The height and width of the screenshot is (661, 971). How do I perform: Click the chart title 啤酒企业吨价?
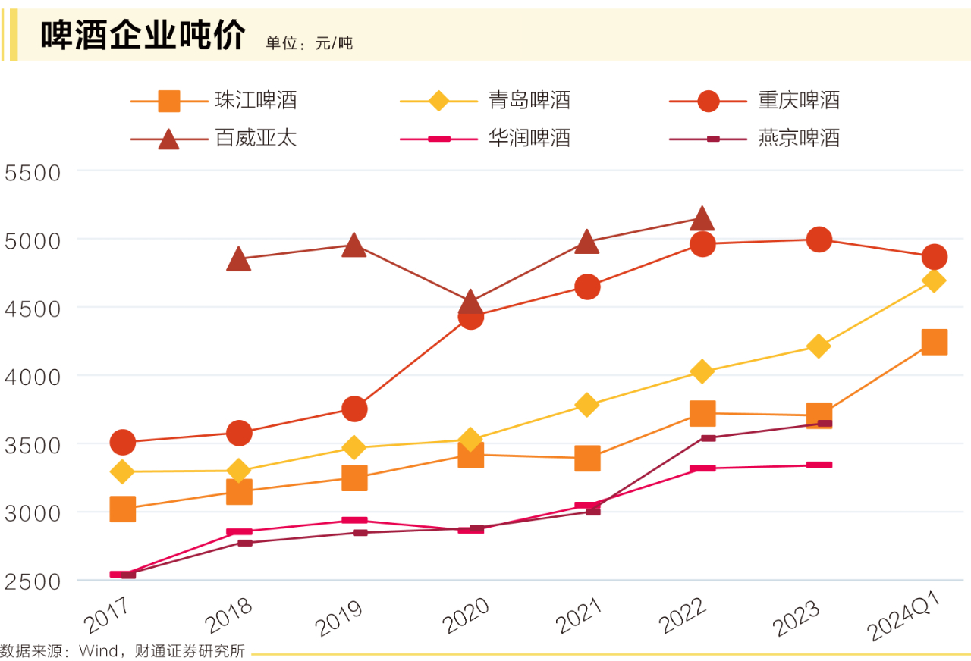tap(143, 35)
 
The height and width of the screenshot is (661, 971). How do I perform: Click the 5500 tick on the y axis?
tap(33, 172)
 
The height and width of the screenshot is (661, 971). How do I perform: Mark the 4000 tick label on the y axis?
tap(33, 376)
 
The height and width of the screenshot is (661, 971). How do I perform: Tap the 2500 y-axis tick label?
tap(33, 581)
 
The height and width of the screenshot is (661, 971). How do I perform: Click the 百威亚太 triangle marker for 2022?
tap(702, 218)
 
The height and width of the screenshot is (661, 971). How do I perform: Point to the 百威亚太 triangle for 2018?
tap(239, 259)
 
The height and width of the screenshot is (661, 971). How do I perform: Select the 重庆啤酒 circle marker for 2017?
tap(122, 442)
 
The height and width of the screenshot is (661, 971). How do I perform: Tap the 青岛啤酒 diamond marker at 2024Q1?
tap(934, 280)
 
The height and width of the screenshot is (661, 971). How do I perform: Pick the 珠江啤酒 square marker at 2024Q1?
tap(934, 342)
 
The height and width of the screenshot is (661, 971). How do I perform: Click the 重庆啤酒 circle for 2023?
tap(819, 240)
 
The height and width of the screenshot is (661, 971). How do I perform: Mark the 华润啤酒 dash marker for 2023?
tap(819, 465)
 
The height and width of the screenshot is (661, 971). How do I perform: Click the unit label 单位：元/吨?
tap(309, 43)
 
